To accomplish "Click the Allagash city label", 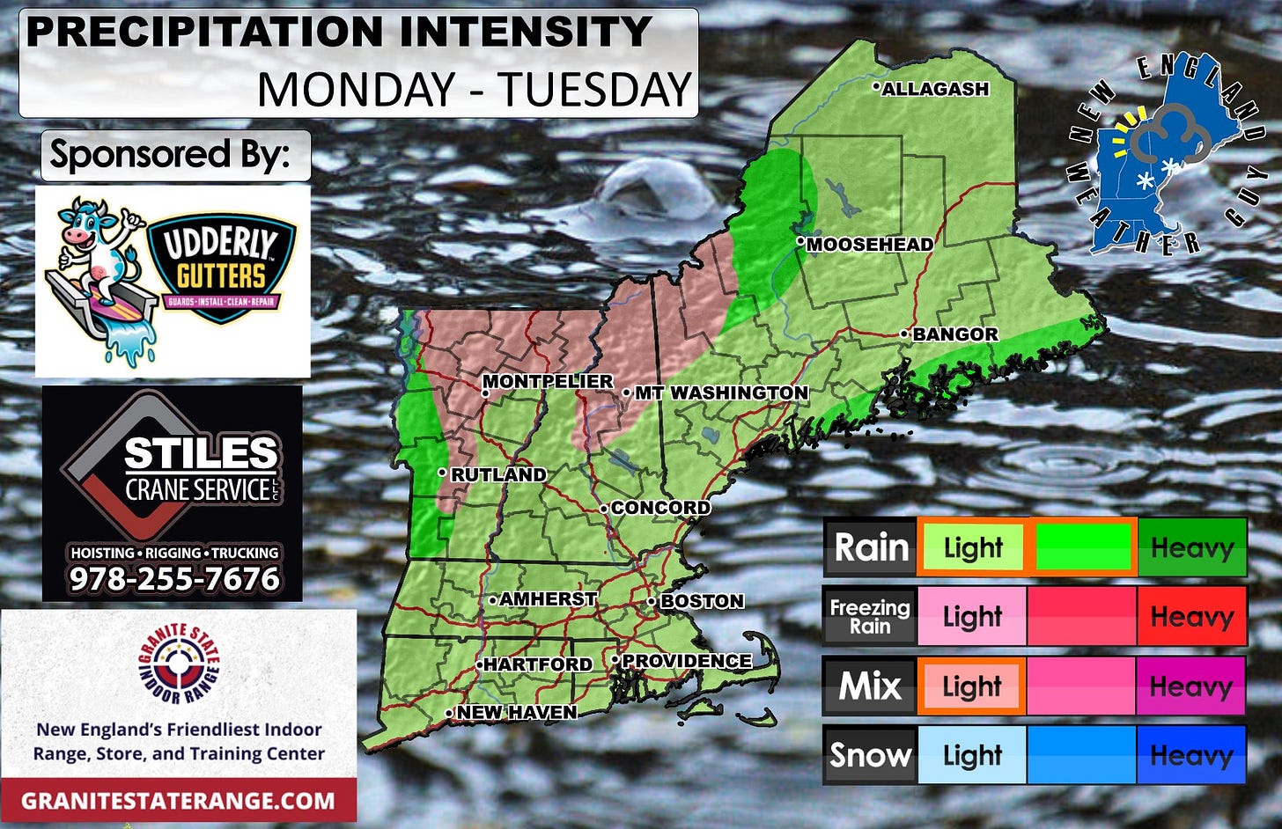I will [x=935, y=89].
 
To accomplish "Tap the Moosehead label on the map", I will [x=870, y=245].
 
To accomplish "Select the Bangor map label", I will [x=955, y=334].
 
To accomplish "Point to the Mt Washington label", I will [x=721, y=392].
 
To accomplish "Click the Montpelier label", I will [x=548, y=382].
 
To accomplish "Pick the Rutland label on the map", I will [x=498, y=474].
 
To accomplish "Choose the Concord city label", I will [x=660, y=508].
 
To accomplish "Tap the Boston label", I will [x=702, y=601].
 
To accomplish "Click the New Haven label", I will [x=517, y=712].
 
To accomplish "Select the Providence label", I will [x=687, y=661].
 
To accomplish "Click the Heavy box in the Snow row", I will [x=1191, y=755].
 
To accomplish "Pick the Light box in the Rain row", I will [x=973, y=547].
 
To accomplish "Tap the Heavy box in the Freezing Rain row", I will [x=1191, y=616].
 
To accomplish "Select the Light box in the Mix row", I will [x=972, y=686].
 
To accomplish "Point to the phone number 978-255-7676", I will [x=174, y=579].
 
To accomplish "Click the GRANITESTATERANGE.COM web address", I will [x=178, y=801].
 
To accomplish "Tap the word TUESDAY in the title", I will [x=595, y=90].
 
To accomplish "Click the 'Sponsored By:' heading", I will [x=170, y=155].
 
